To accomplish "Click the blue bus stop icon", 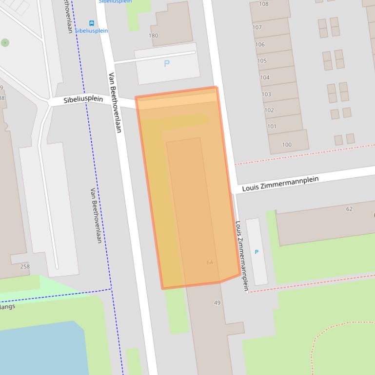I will point(91,23).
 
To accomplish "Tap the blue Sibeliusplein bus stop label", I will point(91,31).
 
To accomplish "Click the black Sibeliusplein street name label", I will point(83,99).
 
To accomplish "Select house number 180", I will point(153,36).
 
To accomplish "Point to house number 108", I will point(263,4).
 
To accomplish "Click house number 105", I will point(262,61).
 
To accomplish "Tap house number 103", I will point(267,94).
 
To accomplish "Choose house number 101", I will point(271,127).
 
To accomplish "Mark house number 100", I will point(287,144).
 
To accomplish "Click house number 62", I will point(349,209).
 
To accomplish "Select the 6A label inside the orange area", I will point(210,262).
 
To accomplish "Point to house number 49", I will point(217,303).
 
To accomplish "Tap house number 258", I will point(25,266).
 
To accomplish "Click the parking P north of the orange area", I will point(167,63).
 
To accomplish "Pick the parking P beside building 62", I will point(257,252).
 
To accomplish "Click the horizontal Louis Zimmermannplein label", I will point(280,184).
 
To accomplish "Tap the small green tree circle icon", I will point(5,43).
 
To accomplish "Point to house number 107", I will point(257,28).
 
